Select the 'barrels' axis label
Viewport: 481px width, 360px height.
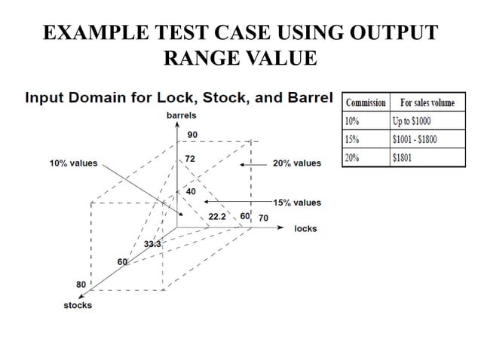click(182, 115)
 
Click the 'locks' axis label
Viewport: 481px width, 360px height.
click(305, 228)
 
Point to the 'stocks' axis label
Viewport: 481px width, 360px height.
click(78, 305)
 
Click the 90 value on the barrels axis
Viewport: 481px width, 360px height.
click(192, 134)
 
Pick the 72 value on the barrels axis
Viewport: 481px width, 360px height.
click(191, 160)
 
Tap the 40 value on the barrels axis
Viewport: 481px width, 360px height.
click(191, 192)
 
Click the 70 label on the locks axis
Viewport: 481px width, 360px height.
click(263, 218)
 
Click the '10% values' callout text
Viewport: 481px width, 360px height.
click(73, 163)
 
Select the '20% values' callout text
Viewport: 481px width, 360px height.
click(297, 163)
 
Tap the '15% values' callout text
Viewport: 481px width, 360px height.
click(297, 203)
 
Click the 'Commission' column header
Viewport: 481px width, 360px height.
click(366, 102)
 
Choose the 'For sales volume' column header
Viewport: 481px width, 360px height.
click(427, 102)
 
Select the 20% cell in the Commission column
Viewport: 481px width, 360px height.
click(352, 157)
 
